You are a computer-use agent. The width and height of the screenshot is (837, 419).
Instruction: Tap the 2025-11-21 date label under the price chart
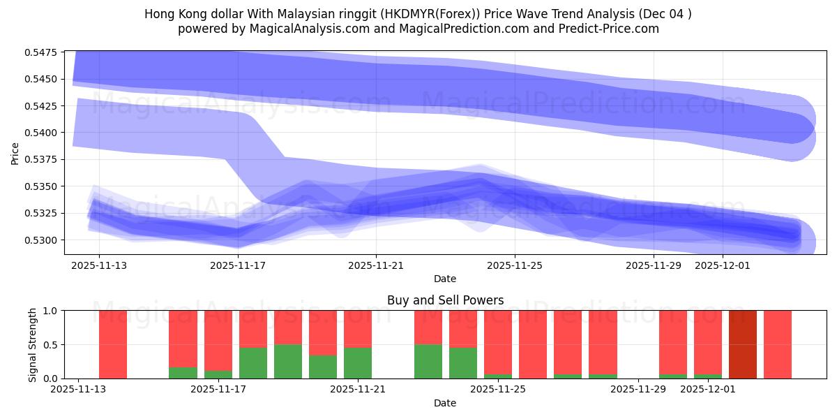click(376, 265)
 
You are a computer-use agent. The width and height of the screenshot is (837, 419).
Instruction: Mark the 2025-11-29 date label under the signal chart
click(638, 390)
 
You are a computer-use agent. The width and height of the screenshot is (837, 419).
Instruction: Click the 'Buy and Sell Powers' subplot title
click(445, 300)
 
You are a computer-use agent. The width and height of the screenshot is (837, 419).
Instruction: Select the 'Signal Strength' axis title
click(33, 344)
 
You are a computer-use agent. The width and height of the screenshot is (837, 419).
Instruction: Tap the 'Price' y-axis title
click(15, 154)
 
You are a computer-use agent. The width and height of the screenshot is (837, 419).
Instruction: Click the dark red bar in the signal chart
click(743, 344)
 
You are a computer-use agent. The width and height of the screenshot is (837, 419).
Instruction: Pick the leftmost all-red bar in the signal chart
click(113, 344)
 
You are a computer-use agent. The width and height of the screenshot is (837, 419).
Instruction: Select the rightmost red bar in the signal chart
click(778, 344)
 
